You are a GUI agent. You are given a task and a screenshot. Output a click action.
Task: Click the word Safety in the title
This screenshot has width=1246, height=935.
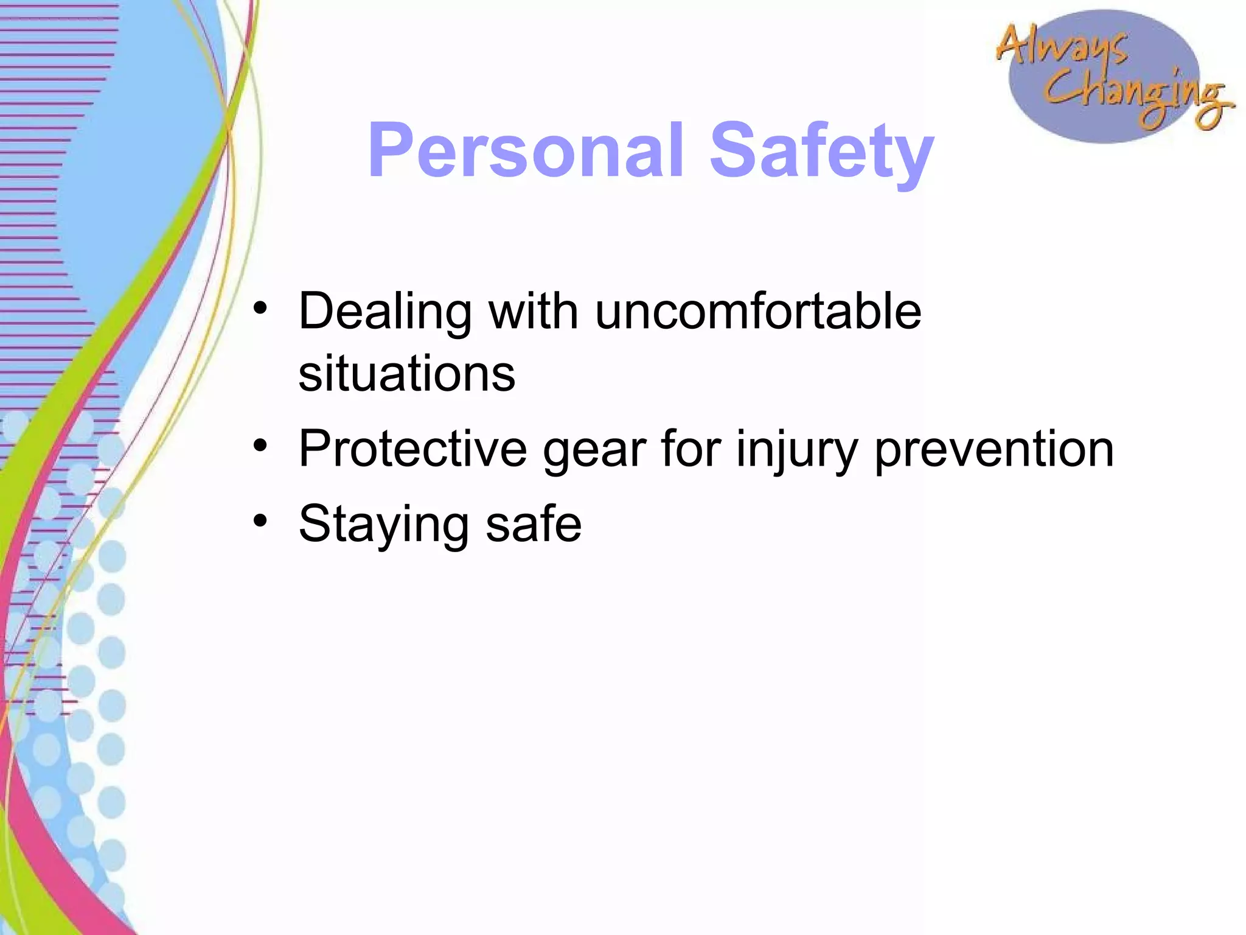821,152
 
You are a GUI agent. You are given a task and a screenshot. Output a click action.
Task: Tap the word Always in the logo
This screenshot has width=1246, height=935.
1062,46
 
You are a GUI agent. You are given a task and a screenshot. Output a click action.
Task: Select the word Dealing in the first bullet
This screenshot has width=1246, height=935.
385,312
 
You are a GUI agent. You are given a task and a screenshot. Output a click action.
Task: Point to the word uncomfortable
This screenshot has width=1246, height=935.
758,311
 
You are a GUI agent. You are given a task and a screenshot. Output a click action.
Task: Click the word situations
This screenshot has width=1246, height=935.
406,373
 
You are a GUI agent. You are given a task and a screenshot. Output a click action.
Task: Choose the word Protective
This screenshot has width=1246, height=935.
412,449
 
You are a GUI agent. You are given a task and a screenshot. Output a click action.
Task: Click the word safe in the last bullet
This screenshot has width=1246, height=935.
533,524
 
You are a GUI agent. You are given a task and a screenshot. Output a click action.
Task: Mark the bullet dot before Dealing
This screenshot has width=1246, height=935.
260,308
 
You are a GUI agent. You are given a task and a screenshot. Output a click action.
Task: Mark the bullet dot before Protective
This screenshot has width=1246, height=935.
260,446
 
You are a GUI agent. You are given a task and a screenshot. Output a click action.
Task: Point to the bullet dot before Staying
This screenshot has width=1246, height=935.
260,521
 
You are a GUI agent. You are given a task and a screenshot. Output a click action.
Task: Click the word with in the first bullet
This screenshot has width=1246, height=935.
533,311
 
